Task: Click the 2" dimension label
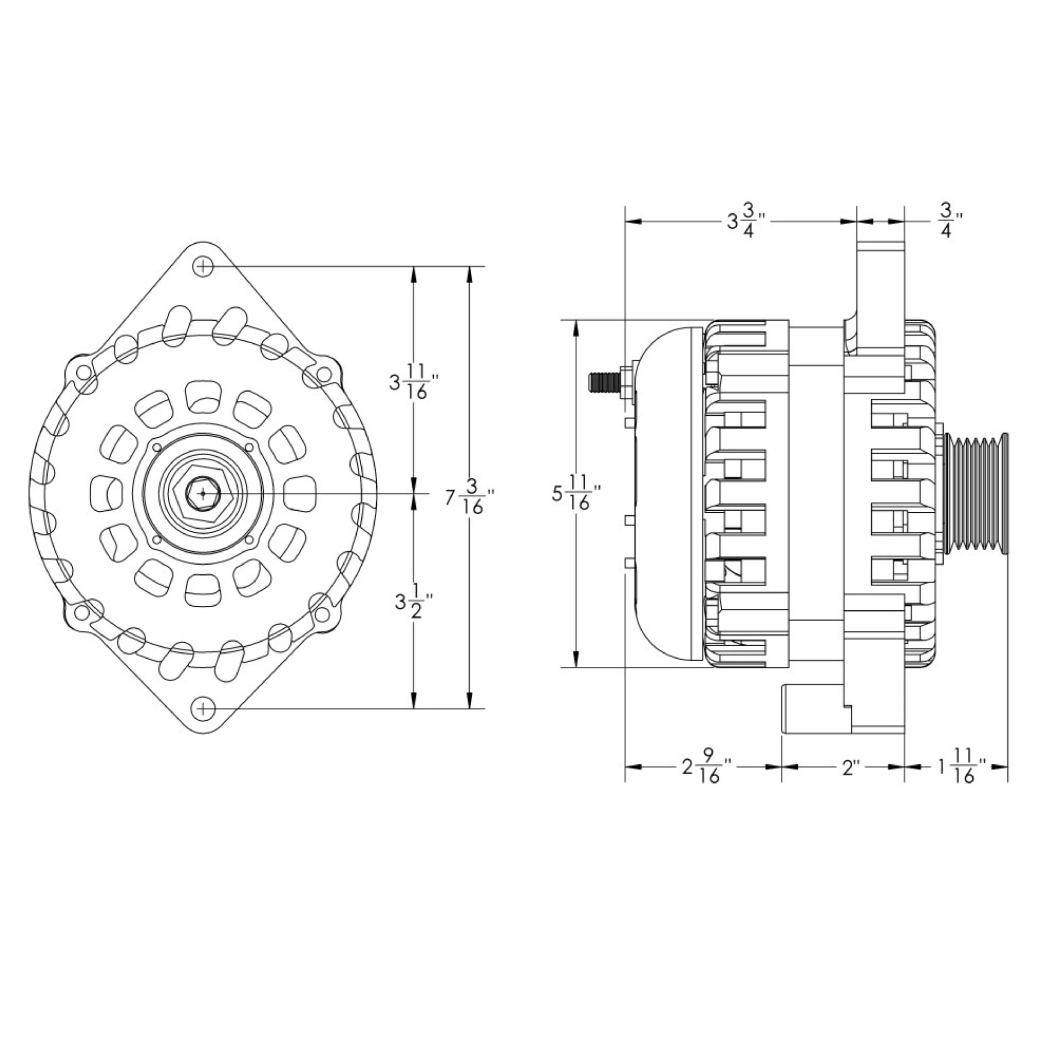[x=851, y=767]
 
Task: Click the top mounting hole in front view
[x=203, y=266]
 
